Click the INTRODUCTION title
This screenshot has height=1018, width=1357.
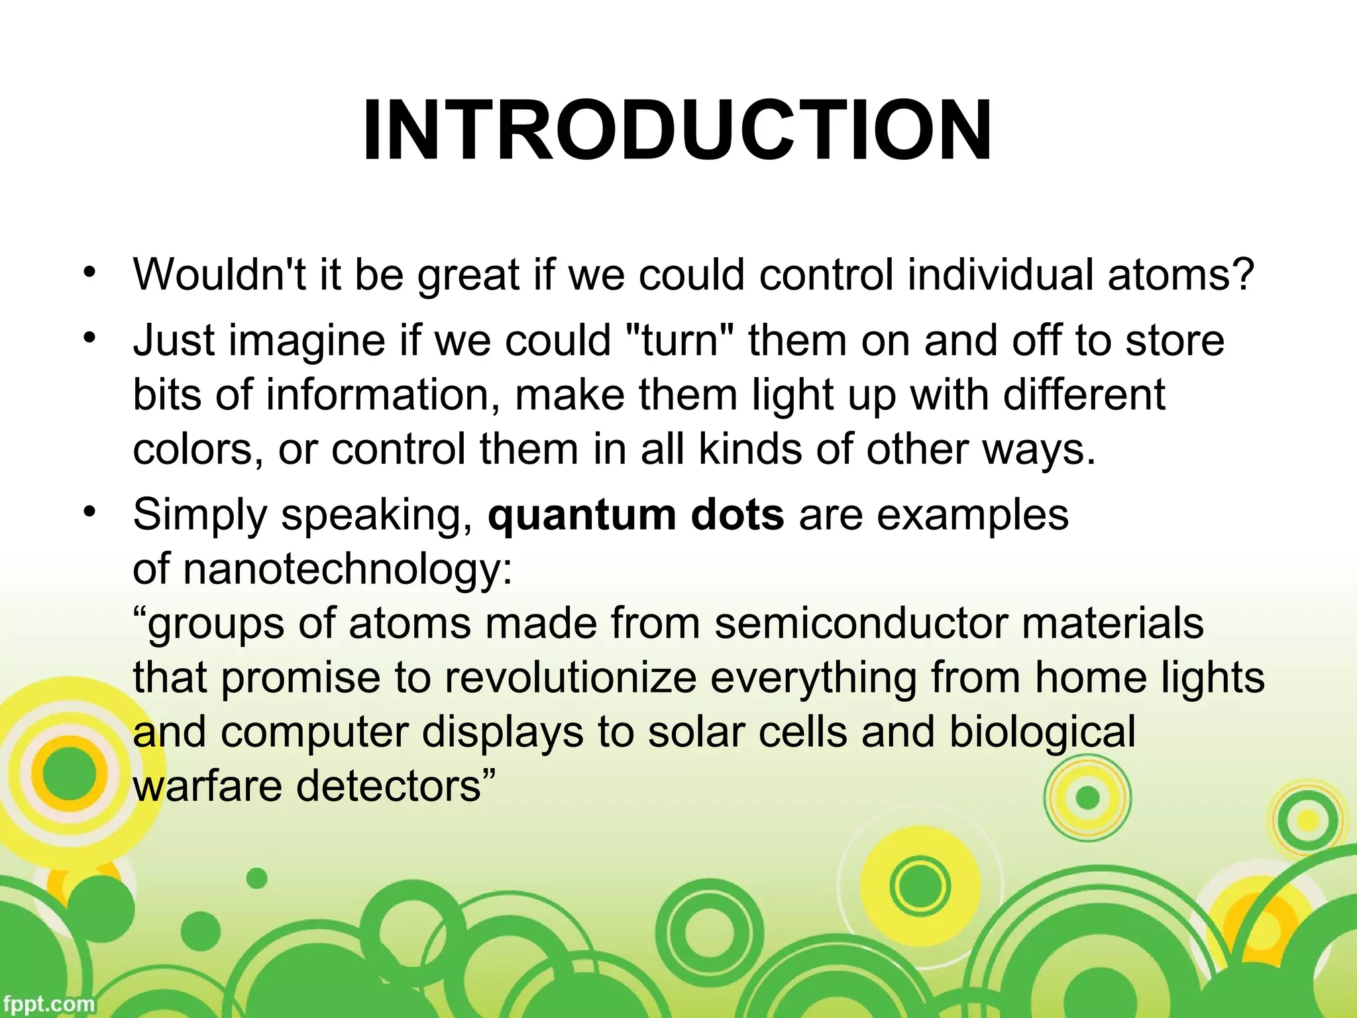[x=677, y=131]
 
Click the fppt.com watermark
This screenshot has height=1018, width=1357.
[x=48, y=1003]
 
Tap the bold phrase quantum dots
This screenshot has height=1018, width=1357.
[x=636, y=515]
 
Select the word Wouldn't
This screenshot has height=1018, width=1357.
[x=219, y=274]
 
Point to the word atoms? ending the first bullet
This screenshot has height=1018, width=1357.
[x=1181, y=274]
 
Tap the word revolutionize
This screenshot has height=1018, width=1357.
[x=570, y=677]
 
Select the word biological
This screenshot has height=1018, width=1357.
[x=1042, y=733]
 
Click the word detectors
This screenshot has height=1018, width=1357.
[x=396, y=786]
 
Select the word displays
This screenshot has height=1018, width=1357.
[x=503, y=733]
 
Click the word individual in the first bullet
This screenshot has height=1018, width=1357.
[x=1000, y=274]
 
